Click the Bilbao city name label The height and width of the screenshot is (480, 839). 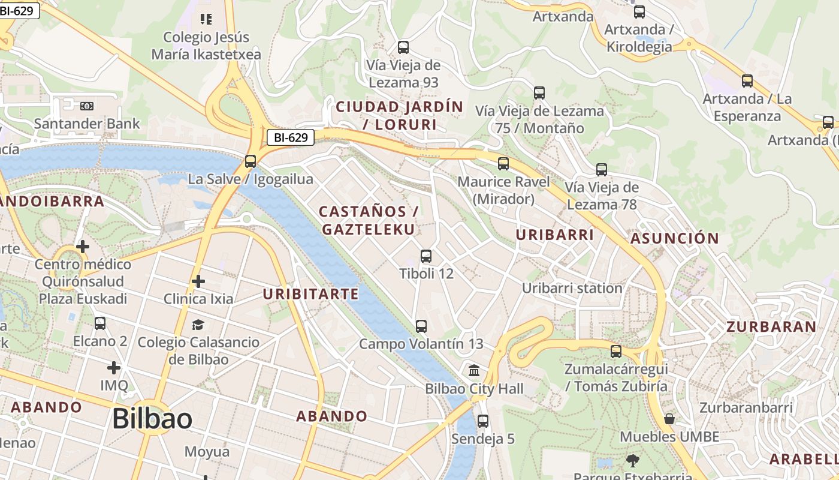click(152, 418)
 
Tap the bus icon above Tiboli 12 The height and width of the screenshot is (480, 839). click(426, 256)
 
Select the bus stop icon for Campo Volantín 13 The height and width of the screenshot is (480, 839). click(421, 326)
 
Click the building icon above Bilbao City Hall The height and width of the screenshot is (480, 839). click(474, 370)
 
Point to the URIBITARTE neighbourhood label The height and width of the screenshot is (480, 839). click(310, 294)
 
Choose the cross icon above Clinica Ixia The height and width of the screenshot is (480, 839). click(198, 281)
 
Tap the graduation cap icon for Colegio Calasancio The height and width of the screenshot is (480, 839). click(198, 325)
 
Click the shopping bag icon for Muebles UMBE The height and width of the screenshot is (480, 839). click(669, 419)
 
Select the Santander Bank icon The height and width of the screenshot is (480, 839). click(87, 106)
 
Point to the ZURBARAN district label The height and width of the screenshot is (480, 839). click(771, 327)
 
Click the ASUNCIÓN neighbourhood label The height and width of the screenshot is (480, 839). click(675, 238)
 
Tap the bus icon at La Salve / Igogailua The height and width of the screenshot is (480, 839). click(251, 161)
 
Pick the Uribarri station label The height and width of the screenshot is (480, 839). click(572, 288)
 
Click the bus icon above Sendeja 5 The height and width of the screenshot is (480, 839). click(483, 421)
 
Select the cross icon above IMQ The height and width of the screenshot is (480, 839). click(114, 367)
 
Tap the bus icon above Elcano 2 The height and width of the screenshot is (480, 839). click(100, 323)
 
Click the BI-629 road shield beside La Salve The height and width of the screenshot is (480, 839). click(291, 137)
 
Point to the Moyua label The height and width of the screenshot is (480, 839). click(207, 452)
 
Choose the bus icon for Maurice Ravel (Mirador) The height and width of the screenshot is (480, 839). click(503, 163)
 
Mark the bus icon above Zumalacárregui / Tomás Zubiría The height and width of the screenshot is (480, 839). click(616, 352)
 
